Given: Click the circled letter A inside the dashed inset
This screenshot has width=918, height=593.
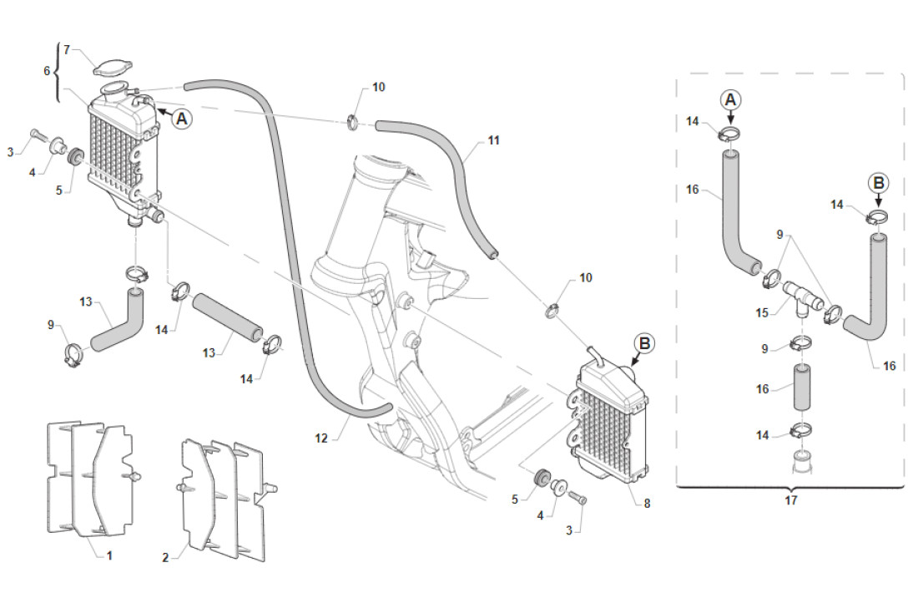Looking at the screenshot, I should coord(730,100).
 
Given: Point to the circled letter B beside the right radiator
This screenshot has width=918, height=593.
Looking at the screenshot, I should coord(644,343).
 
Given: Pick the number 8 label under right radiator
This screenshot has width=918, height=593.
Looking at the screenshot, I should coord(647,503).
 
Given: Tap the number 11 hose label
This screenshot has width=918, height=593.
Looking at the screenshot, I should coord(494,140).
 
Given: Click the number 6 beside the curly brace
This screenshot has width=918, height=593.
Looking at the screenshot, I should coord(47,71).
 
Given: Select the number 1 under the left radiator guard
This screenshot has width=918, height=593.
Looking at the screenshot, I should coord(109,555).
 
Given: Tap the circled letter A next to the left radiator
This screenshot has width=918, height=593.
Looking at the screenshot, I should coord(182,119).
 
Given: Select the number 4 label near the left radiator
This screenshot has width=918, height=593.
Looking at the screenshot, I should coord(33,172).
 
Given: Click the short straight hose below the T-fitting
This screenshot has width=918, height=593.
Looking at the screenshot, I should coord(801,388).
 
